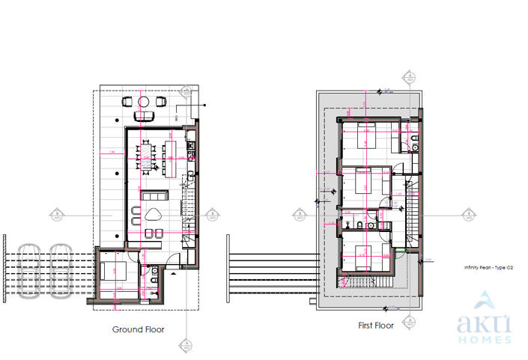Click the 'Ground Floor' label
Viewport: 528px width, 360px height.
pos(139,329)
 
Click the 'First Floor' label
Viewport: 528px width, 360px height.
pos(375,326)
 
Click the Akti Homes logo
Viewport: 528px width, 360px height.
pos(485,318)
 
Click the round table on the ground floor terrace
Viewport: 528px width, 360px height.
pos(142,101)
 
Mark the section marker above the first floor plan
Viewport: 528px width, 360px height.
pos(410,76)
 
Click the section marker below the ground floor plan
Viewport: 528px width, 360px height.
pos(183,345)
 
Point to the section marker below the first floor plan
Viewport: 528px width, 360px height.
pos(410,324)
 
